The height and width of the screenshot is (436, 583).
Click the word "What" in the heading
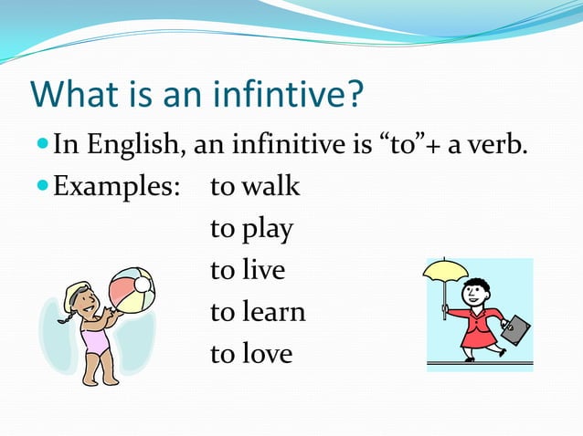pos(71,94)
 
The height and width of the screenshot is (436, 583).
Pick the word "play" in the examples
pos(268,230)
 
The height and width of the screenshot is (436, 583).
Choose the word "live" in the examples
pos(264,271)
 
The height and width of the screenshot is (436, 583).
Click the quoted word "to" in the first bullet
pos(400,144)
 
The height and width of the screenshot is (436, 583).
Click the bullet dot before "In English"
pos(43,145)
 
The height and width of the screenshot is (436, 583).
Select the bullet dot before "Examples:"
pos(43,188)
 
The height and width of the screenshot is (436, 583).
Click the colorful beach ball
pos(132,290)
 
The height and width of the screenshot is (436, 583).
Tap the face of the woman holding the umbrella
pos(475,295)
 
